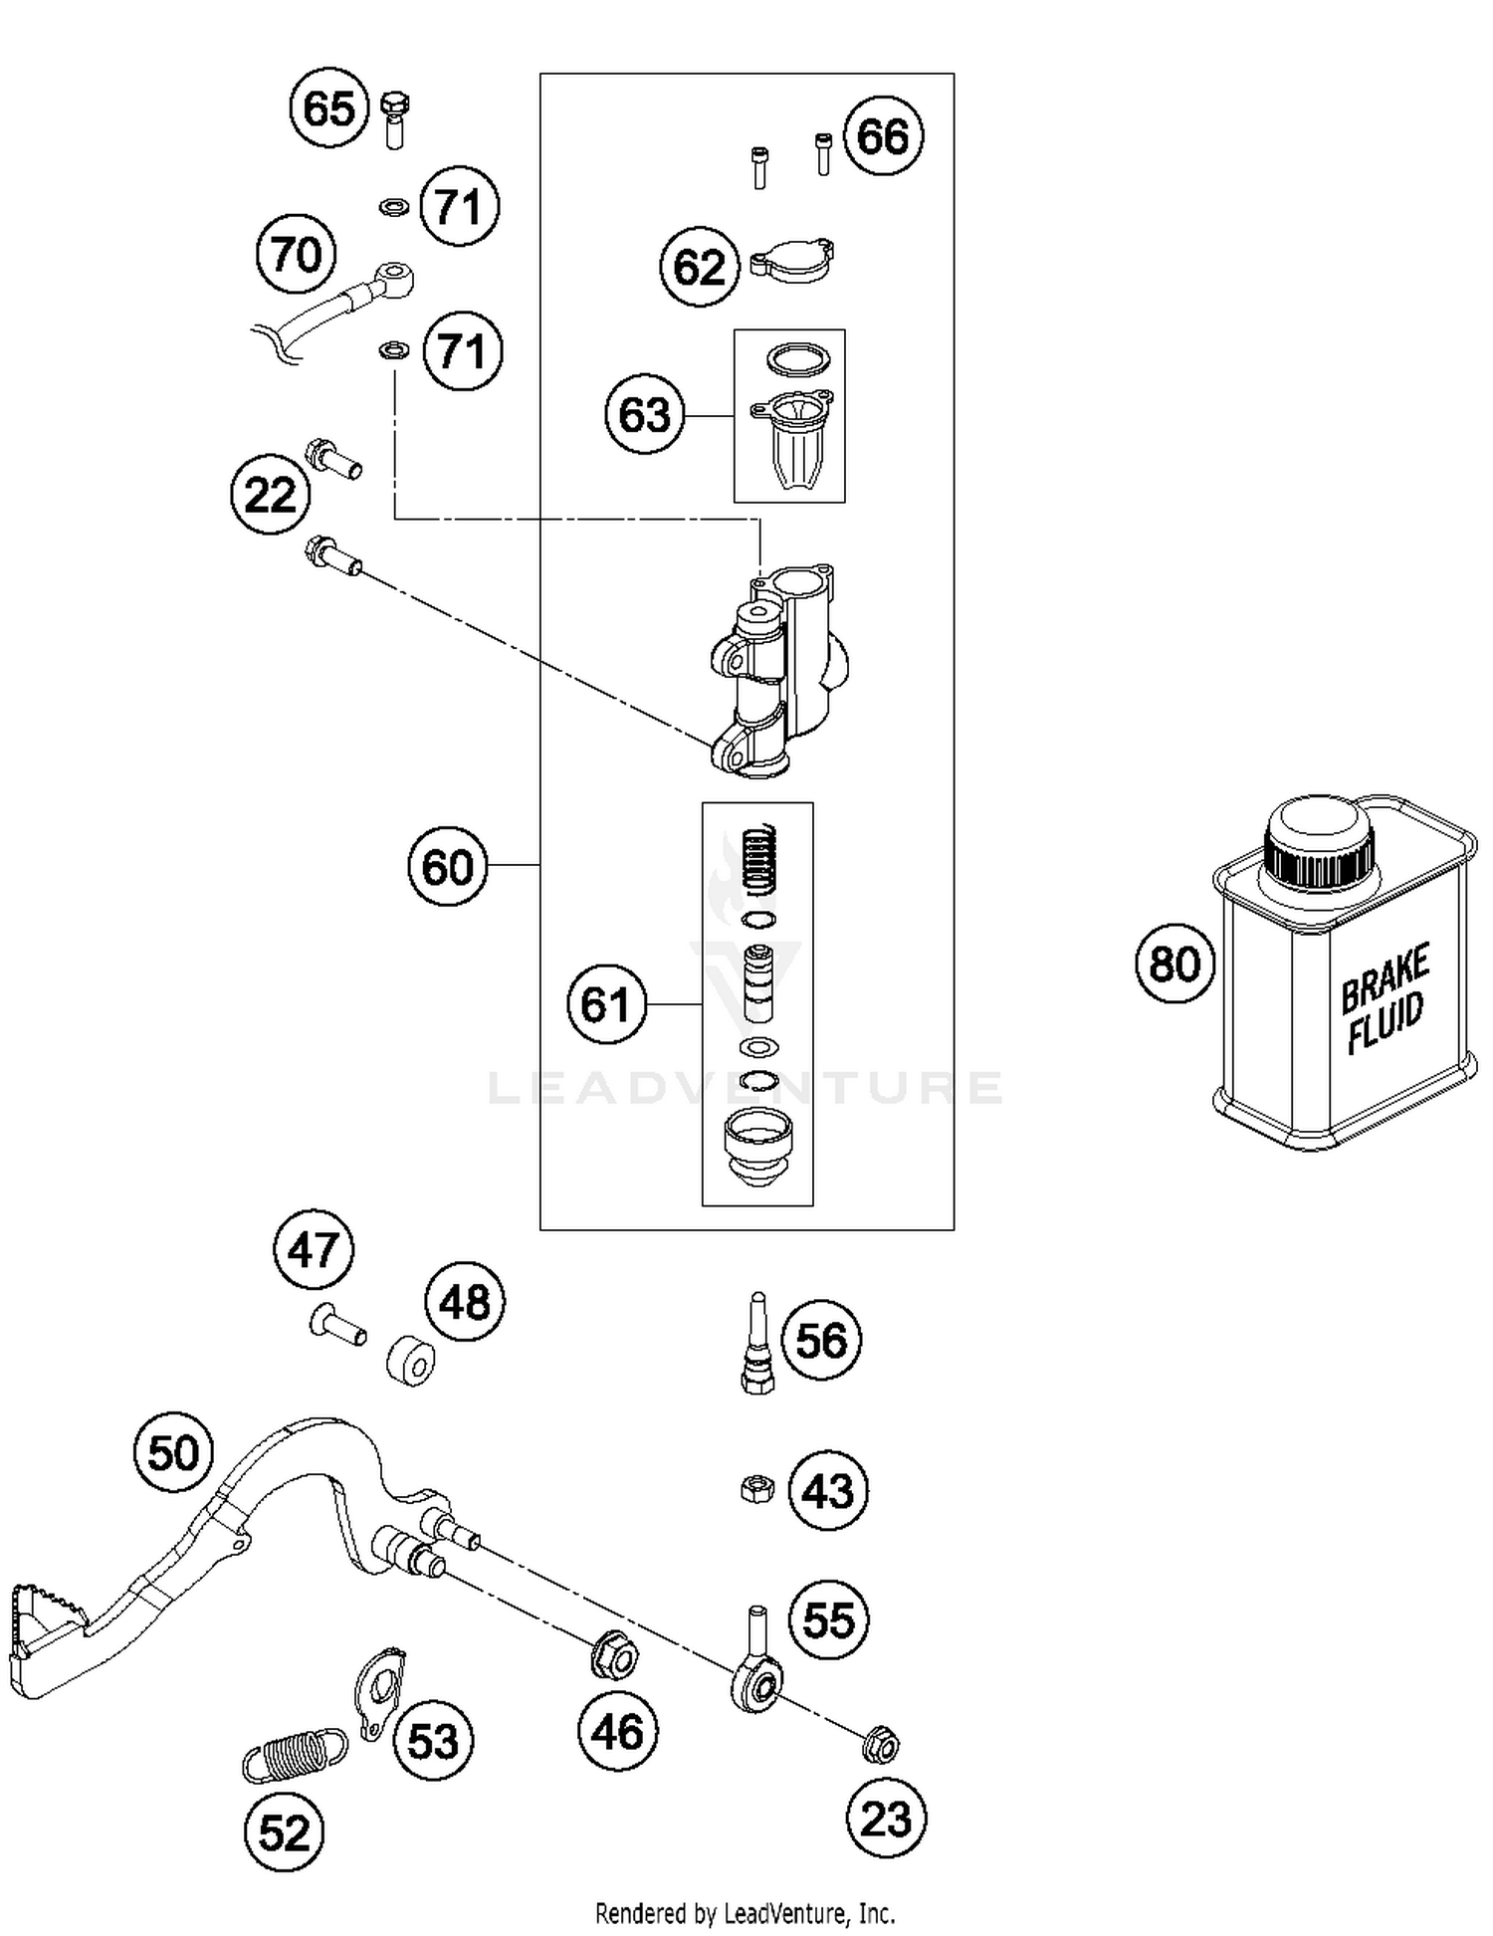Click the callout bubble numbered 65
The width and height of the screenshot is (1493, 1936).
click(x=328, y=108)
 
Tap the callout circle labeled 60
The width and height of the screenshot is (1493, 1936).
click(x=448, y=866)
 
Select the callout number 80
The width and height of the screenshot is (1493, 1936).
click(x=1174, y=964)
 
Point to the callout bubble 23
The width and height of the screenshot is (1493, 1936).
click(x=886, y=1820)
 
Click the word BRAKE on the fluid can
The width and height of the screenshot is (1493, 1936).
click(x=1385, y=979)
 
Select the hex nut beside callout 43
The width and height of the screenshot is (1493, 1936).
click(x=757, y=1490)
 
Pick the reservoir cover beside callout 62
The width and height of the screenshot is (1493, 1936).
click(x=792, y=262)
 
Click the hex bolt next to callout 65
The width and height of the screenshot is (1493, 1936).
click(x=395, y=118)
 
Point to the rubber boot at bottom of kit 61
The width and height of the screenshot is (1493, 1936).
click(x=757, y=1148)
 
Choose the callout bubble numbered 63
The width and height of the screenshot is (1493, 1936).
click(x=645, y=414)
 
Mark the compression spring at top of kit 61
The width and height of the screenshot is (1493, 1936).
click(x=760, y=859)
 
